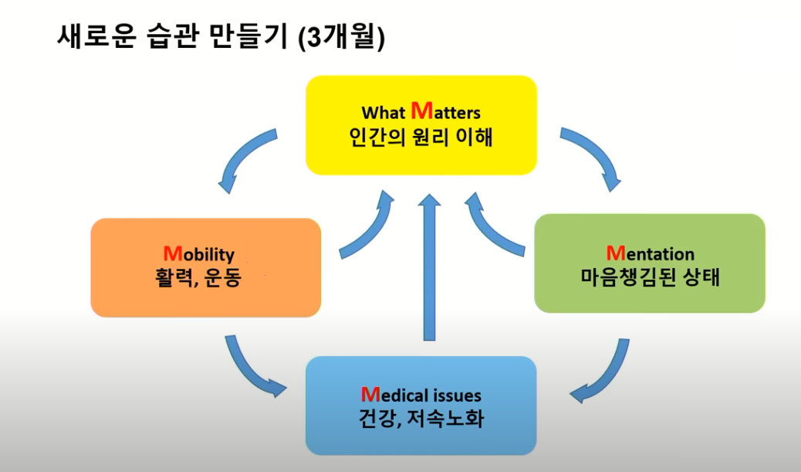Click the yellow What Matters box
421,125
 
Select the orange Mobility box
206,267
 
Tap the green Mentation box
650,263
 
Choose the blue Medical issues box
421,406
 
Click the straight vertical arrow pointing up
429,267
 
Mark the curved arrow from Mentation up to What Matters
488,229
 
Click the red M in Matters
422,110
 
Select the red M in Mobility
173,253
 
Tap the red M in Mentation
616,253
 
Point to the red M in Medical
370,394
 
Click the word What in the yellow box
383,113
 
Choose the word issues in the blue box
457,396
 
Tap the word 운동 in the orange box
222,277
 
